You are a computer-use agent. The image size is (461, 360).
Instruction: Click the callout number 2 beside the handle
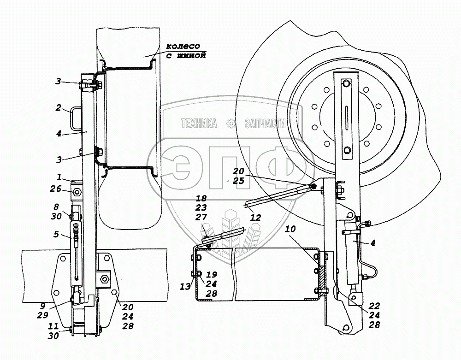59,108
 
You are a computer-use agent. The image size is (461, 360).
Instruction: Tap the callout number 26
56,189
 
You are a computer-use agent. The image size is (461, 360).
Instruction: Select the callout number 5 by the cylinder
56,234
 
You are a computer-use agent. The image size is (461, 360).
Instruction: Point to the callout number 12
255,218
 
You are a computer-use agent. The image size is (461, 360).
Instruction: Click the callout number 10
290,229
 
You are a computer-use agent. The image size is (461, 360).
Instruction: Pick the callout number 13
185,286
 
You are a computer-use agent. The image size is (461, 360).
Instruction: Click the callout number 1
59,177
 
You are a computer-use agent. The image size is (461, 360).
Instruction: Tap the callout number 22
374,306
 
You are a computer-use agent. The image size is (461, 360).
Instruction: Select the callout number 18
201,198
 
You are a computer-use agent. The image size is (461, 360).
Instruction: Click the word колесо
183,46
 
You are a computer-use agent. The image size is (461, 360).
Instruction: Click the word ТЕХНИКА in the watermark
199,124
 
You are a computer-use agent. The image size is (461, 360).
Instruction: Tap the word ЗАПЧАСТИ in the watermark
265,124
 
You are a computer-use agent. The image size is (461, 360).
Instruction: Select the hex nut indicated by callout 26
77,192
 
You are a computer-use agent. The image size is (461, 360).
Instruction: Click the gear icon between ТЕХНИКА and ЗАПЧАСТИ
231,124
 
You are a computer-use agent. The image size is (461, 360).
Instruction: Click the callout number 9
42,306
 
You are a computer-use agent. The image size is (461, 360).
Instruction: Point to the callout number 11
53,326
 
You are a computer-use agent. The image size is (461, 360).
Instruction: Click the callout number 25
238,180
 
